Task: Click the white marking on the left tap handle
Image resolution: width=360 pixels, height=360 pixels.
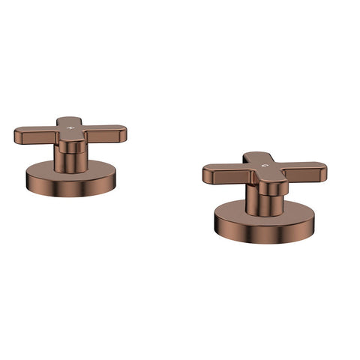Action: point(70,128)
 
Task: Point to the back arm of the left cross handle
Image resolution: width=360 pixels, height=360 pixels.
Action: point(70,121)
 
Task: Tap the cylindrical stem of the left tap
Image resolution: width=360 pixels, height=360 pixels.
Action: point(70,160)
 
